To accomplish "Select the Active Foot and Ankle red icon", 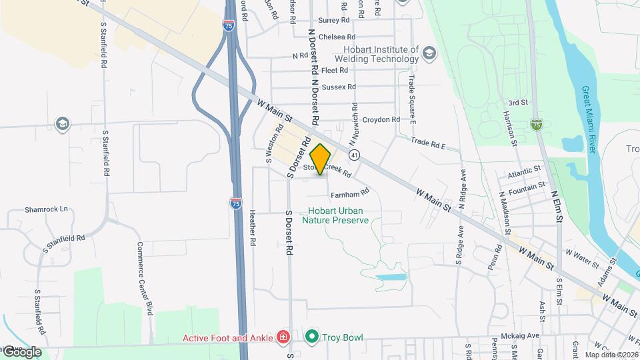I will point(283,337).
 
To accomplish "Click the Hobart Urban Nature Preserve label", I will point(335,215).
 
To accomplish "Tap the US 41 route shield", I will point(354,155).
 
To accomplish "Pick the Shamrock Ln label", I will point(47,209).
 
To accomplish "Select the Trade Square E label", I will point(411,99).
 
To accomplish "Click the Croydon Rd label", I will point(381,119).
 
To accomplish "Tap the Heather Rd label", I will point(253,228).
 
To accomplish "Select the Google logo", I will point(21,352).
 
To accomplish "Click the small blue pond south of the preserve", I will point(391,276).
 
